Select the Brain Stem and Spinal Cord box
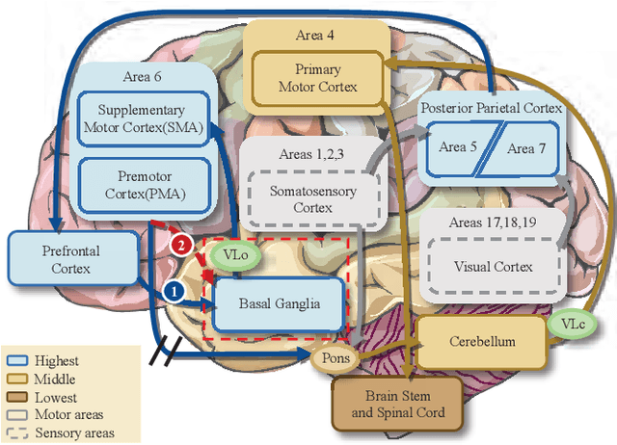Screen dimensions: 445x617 point(396,404)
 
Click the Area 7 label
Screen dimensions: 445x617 point(526,147)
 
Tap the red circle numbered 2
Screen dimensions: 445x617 point(179,245)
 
